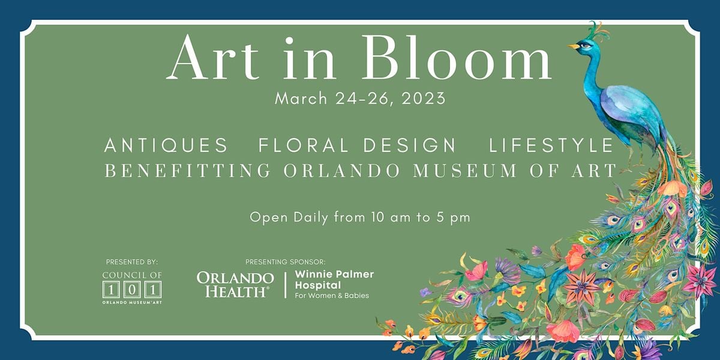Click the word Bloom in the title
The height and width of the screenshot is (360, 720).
457,57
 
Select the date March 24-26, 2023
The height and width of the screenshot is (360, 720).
360,98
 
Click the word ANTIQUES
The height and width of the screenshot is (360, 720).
166,145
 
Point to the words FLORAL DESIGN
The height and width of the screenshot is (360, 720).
357,145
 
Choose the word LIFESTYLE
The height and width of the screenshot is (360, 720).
551,145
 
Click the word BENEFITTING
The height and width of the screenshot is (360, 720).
188,170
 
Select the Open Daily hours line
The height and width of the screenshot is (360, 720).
360,218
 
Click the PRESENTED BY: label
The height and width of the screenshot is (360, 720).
132,262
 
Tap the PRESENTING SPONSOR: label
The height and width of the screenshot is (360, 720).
286,262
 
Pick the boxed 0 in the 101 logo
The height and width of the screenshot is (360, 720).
132,290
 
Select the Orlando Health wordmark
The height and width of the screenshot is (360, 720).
235,285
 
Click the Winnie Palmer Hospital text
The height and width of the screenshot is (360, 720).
334,280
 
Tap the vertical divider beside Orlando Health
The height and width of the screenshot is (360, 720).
286,285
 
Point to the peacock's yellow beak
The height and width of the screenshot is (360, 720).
573,46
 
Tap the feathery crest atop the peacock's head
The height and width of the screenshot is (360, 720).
599,31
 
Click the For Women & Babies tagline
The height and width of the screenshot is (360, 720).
332,295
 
